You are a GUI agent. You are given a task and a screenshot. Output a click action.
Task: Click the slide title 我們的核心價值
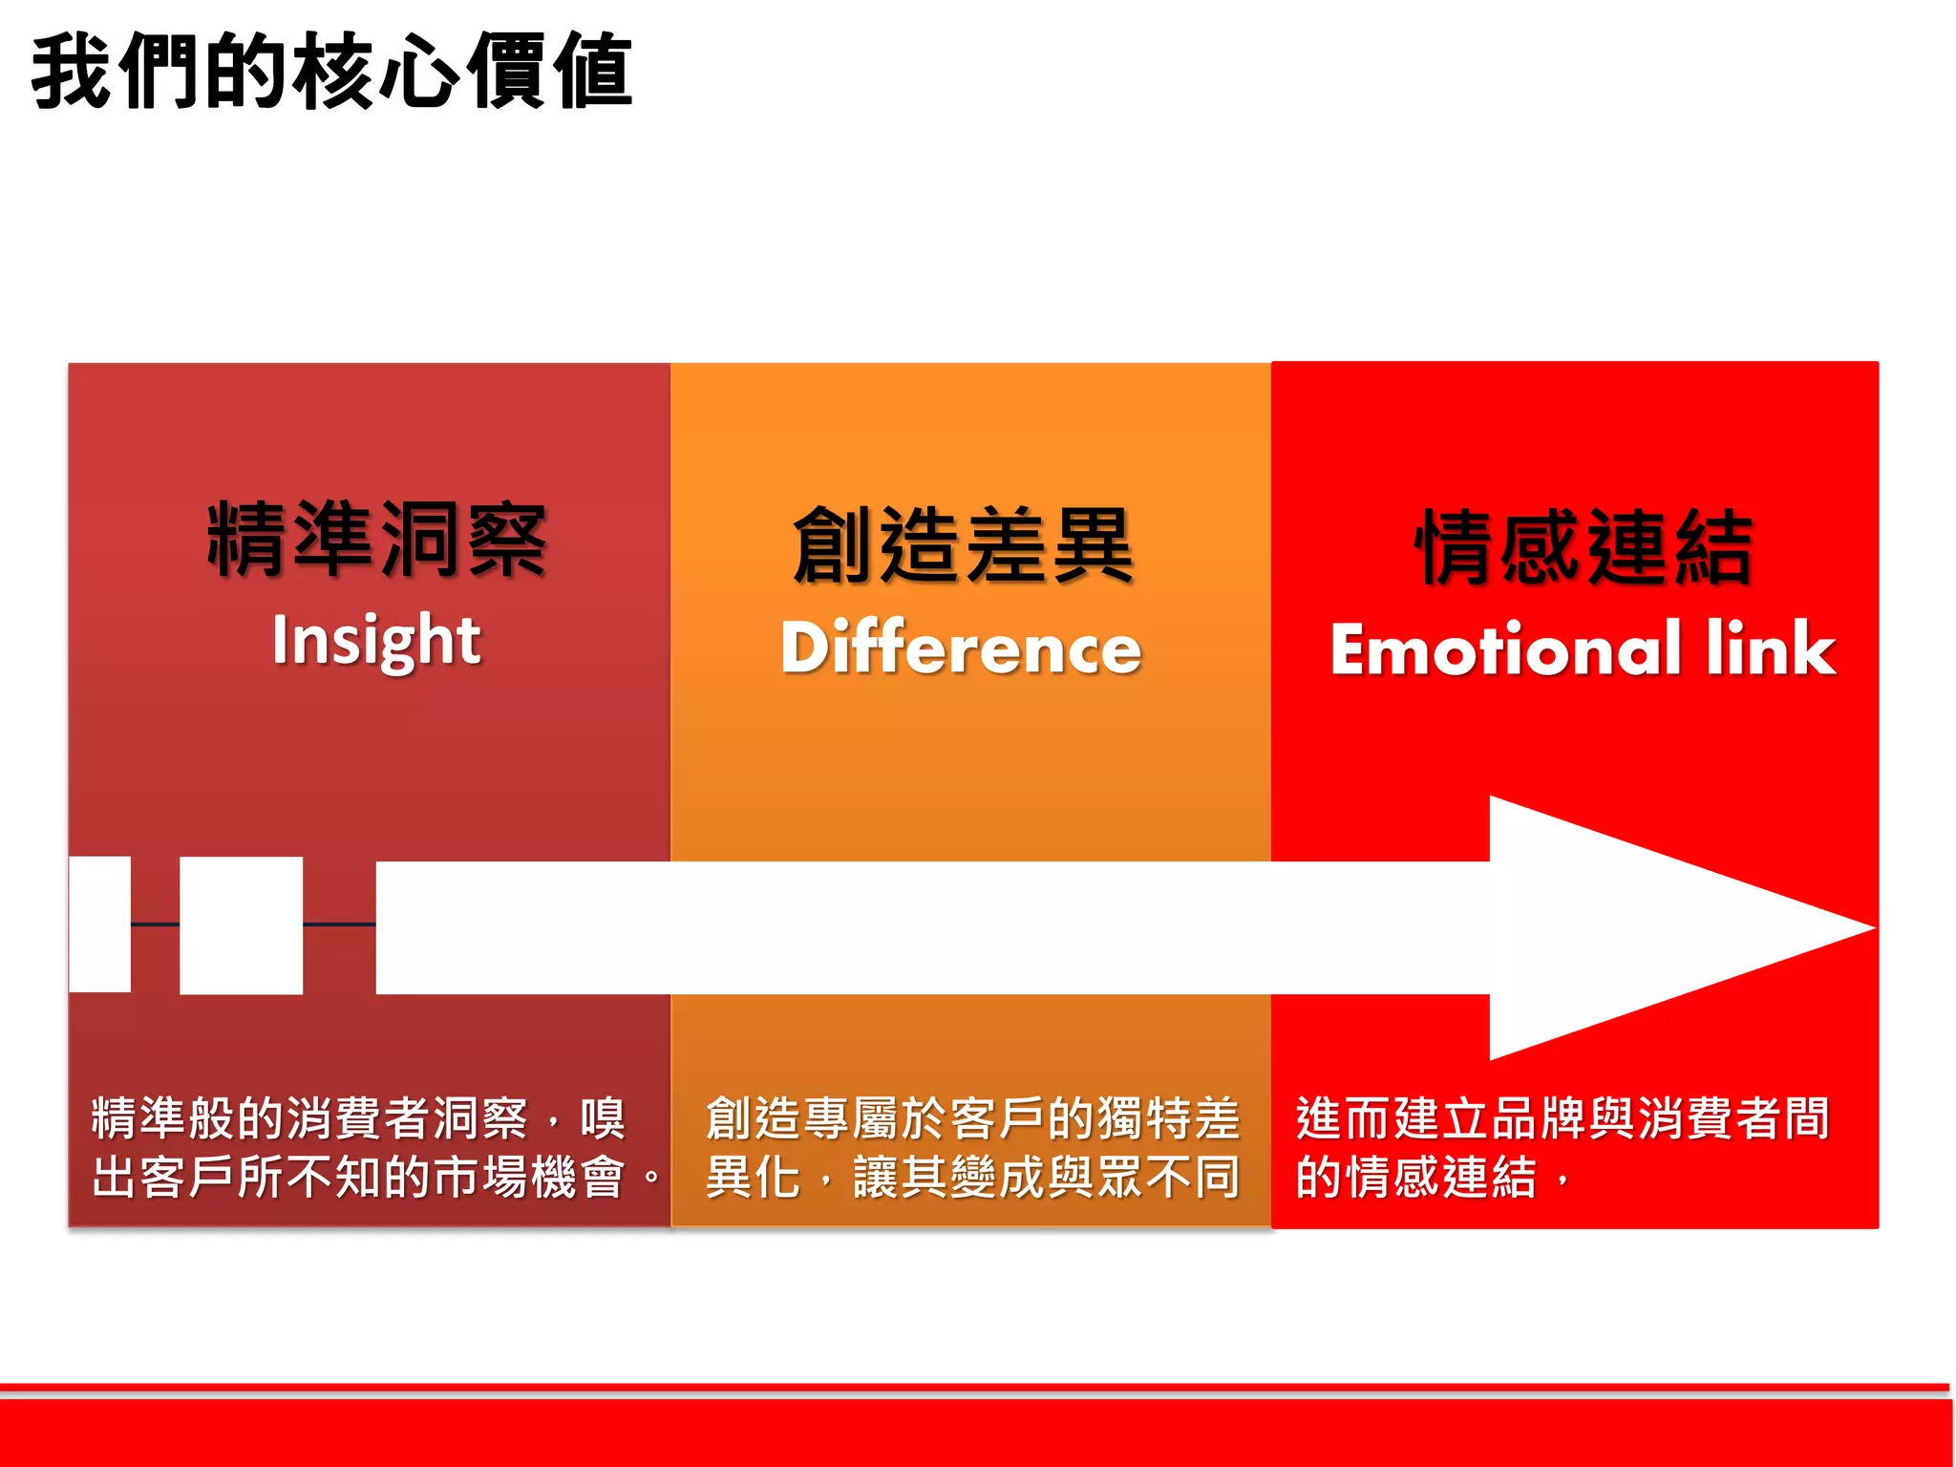pos(331,72)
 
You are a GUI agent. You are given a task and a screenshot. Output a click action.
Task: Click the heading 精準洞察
pos(377,541)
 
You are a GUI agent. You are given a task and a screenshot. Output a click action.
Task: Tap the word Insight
pos(376,640)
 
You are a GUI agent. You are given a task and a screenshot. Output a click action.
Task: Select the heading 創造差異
pos(963,546)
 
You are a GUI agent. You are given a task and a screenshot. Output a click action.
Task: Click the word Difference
pos(961,648)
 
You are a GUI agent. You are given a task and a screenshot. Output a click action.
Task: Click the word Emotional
pos(1505,649)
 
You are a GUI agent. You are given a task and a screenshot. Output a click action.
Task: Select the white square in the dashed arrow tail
pos(241,925)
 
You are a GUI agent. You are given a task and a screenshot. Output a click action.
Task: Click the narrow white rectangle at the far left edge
pos(99,925)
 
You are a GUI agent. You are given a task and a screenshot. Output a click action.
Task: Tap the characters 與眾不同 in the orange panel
pos(1142,1177)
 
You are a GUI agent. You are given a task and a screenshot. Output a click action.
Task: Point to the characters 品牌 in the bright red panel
pos(1537,1118)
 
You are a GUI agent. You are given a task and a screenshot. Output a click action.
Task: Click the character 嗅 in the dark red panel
pos(603,1118)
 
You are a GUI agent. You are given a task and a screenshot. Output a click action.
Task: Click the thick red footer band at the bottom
pos(974,1433)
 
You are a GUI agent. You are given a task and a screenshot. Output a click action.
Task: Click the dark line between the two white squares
pos(155,925)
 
